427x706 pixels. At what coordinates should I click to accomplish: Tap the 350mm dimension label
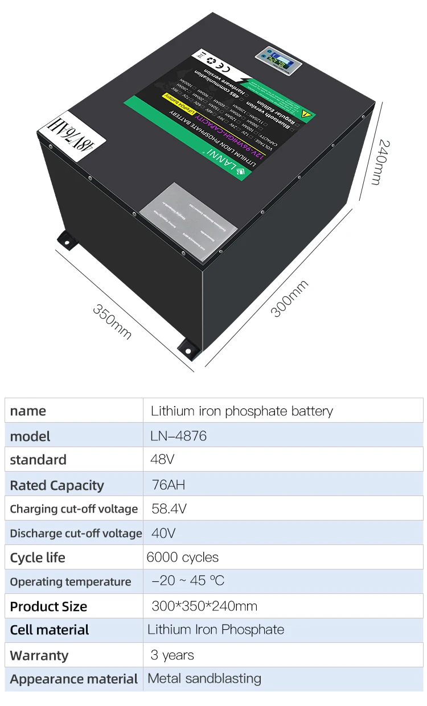112,322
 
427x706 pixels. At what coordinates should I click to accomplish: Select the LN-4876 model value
179,436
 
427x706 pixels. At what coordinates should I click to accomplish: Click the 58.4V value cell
169,509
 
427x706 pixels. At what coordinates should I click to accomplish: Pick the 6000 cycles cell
182,557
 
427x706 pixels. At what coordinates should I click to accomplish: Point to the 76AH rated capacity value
169,485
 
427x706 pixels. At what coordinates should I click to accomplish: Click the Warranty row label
39,655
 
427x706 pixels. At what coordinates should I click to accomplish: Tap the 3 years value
173,655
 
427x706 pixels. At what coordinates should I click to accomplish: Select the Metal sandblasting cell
204,678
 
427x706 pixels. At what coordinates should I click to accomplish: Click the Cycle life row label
38,558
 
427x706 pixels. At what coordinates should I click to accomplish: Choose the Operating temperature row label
71,581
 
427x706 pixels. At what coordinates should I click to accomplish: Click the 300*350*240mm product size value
204,605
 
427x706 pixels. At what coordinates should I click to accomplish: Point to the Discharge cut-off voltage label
76,534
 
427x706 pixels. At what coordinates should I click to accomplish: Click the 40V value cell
163,533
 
